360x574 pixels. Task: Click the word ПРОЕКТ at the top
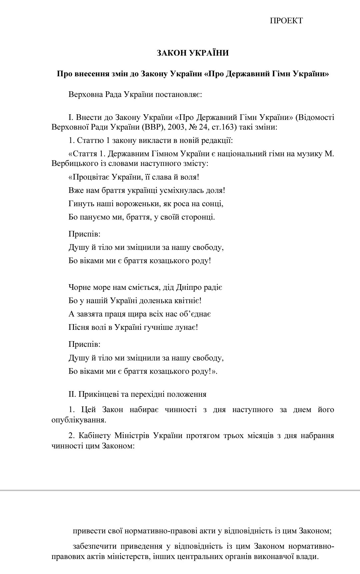tap(286, 21)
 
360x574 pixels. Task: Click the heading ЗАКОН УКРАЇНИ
tap(193, 53)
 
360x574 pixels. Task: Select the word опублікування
tap(79, 419)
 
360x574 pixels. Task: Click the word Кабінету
tap(94, 436)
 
